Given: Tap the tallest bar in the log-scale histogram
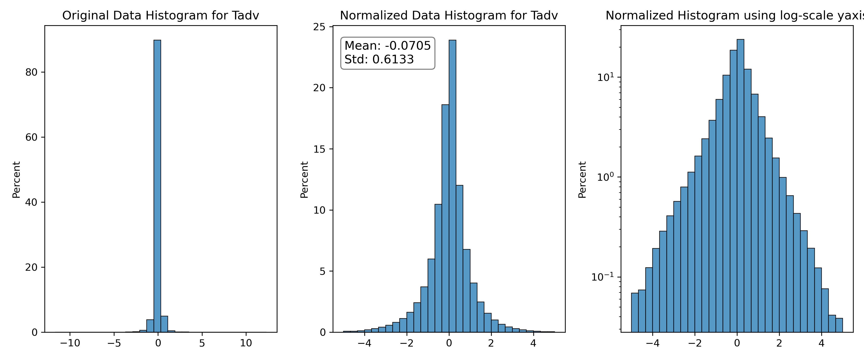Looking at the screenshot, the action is pos(740,186).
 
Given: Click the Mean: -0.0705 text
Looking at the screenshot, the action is pos(387,46).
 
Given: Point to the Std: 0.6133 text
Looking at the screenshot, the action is pos(379,59).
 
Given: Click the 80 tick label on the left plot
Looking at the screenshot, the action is pos(31,72).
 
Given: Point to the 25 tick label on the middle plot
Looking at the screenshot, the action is pos(319,27).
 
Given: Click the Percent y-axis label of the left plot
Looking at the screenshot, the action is pos(16,180).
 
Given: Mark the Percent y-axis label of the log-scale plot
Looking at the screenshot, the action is pos(582,180).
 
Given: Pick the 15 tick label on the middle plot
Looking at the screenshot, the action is pos(319,149).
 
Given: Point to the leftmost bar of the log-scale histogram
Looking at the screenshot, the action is pos(635,312).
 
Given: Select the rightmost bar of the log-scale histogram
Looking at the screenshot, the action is pos(839,325).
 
